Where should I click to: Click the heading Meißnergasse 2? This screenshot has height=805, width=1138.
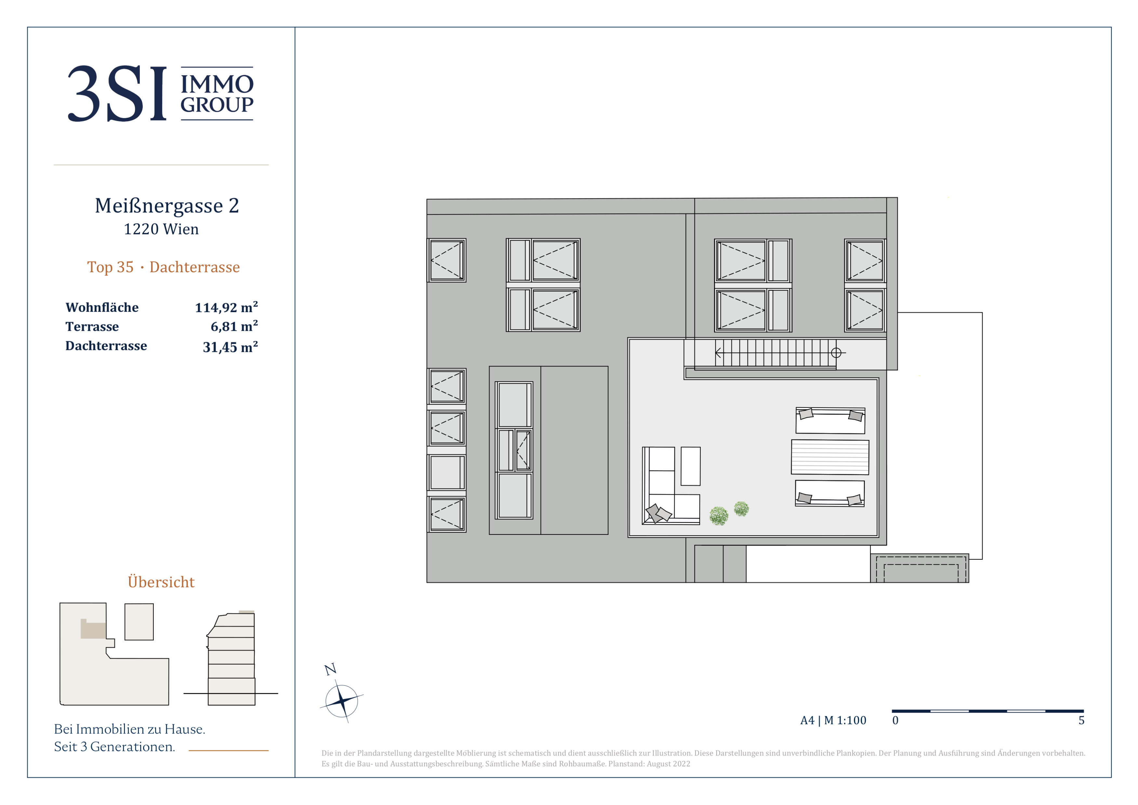167,205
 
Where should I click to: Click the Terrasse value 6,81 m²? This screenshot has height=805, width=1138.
234,326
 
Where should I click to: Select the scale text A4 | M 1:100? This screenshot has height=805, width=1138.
833,720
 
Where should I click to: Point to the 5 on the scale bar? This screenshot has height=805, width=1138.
1081,720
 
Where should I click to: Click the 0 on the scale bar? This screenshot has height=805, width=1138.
895,720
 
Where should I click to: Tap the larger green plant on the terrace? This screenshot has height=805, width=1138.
719,516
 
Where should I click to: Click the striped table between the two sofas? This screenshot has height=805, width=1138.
830,457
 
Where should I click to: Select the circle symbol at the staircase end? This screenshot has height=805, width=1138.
836,353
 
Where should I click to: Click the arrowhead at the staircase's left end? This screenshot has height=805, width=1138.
718,353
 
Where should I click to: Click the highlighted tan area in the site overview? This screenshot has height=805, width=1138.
93,629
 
